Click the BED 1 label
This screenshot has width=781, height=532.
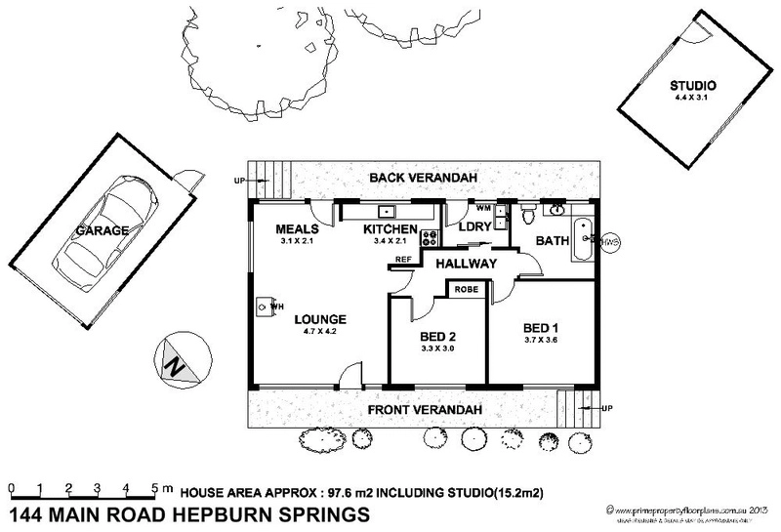542,325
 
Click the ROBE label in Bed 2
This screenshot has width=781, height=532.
466,289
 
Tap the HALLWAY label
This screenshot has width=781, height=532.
467,265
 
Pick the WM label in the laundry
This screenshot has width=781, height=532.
481,209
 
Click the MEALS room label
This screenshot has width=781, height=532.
295,230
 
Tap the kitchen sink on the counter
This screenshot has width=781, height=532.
387,210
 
